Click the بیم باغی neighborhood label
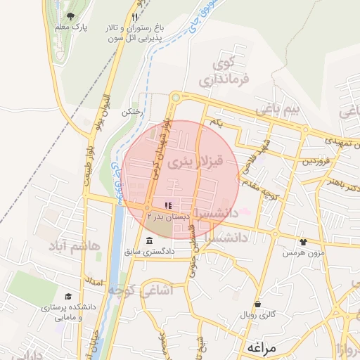278,109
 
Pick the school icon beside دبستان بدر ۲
167,205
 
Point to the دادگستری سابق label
148,251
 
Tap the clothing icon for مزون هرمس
303,241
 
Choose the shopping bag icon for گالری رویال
258,304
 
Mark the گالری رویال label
259,316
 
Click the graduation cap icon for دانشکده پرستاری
68,297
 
